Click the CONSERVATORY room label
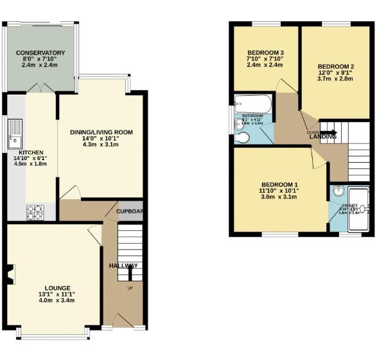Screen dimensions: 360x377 pos(40,53)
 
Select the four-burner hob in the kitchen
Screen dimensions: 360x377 pos(34,211)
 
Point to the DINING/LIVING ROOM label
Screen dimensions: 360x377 pos(101,132)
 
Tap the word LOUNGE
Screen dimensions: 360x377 pos(57,287)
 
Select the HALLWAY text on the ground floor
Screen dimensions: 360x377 pos(123,265)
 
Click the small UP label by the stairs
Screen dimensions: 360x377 pos(130,287)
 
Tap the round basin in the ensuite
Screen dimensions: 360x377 pos(339,190)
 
